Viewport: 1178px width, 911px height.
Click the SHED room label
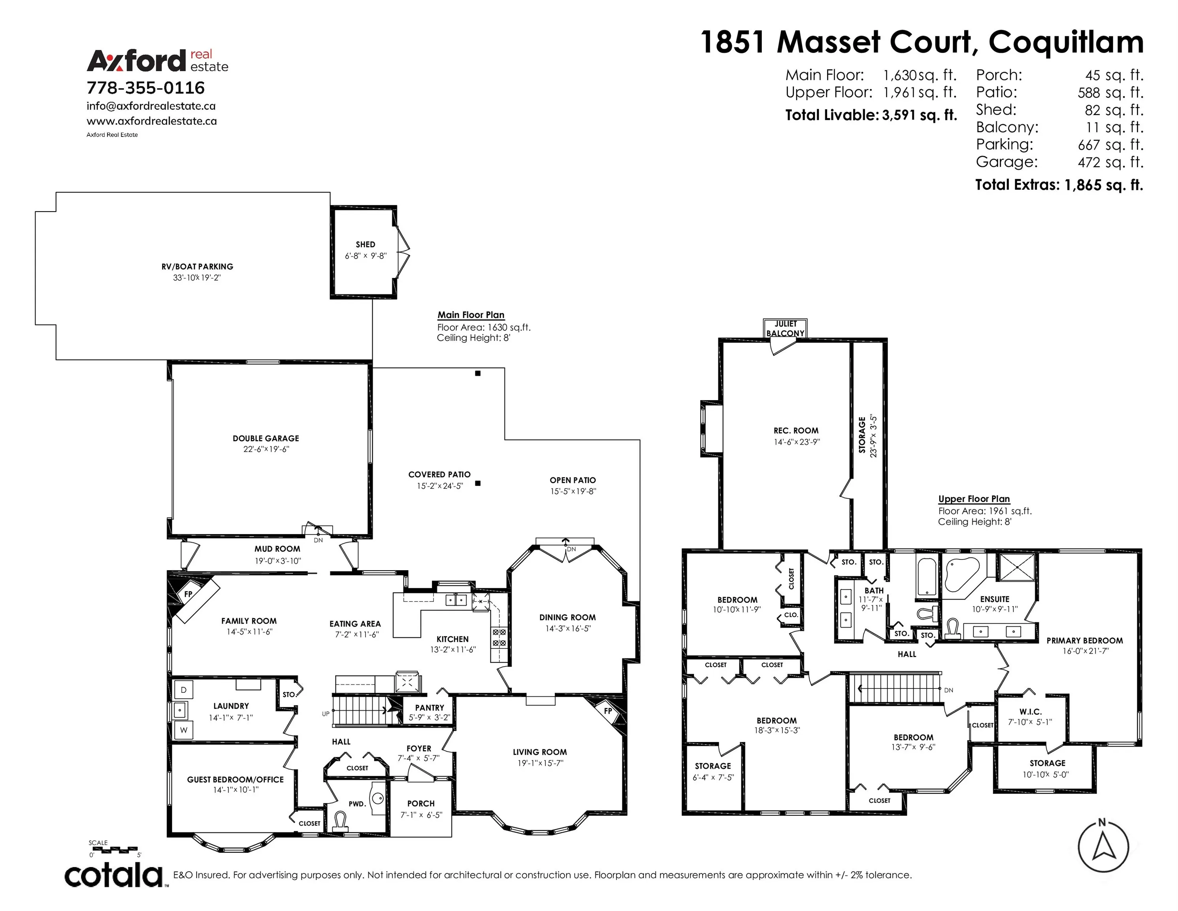click(365, 244)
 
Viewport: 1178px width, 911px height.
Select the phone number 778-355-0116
click(146, 88)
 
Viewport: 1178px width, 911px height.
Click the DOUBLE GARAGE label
click(266, 438)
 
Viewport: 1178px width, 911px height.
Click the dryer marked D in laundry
click(183, 690)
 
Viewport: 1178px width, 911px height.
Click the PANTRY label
click(429, 707)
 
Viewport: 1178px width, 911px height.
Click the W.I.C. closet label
click(1030, 712)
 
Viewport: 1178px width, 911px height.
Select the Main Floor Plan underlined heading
click(471, 315)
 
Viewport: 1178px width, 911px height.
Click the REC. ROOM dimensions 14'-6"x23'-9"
click(797, 442)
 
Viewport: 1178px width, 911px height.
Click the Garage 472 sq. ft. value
click(1110, 162)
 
